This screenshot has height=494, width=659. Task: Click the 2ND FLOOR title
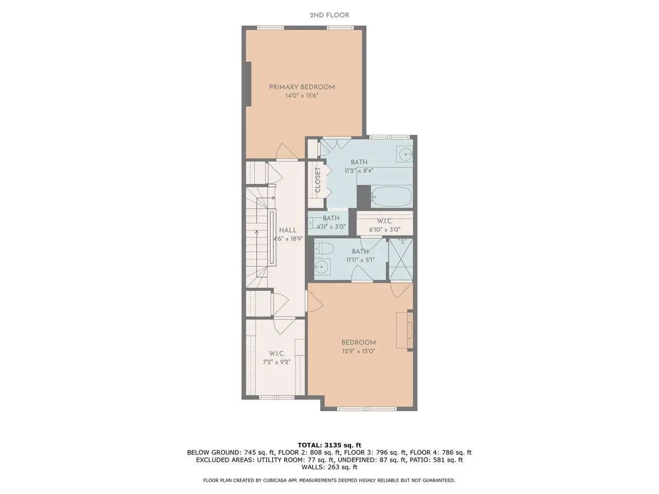pos(329,15)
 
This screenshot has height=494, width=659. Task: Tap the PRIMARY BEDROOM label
pos(302,87)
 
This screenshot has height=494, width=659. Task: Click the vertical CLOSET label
pos(318,180)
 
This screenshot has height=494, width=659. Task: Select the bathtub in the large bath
pos(391,197)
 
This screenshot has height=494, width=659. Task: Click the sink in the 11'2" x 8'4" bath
pos(406,154)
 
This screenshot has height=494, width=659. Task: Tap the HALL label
pos(288,231)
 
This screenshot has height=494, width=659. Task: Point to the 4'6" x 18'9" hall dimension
pos(288,239)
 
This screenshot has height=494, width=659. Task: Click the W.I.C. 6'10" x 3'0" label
pos(385,225)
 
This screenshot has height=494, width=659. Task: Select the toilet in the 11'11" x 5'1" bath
pos(324,249)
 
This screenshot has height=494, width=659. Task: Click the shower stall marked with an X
pos(401,260)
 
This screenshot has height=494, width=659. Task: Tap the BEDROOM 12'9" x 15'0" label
pos(358,347)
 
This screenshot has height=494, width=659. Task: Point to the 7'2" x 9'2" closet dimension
pos(276,362)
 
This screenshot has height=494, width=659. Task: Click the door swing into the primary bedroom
pos(286,151)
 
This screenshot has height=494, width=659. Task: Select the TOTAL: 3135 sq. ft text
pos(329,445)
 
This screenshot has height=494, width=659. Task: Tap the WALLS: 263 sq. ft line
pos(329,467)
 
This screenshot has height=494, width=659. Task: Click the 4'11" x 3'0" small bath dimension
pos(331,227)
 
